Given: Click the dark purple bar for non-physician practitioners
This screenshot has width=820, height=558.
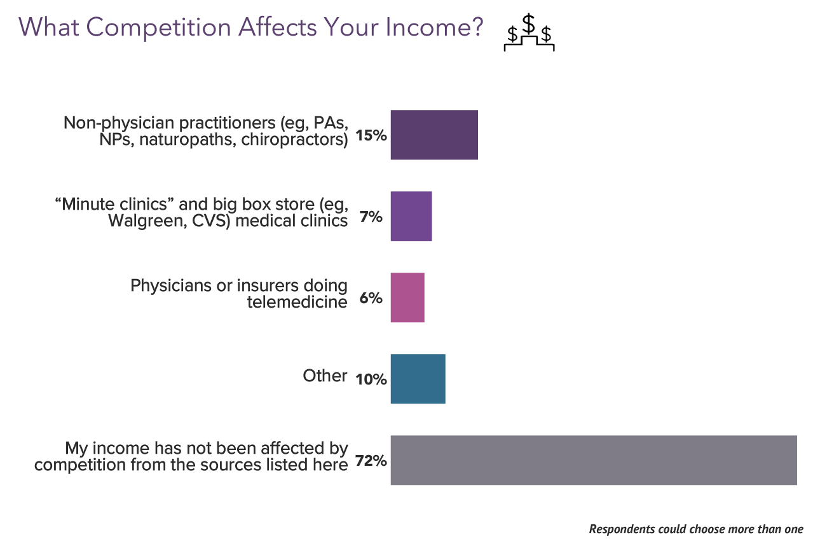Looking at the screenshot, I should pyautogui.click(x=434, y=135).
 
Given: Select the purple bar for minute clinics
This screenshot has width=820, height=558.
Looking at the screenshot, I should pyautogui.click(x=411, y=216).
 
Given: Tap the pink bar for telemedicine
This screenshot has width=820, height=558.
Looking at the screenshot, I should pyautogui.click(x=407, y=297).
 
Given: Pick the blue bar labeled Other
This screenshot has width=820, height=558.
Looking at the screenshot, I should pyautogui.click(x=418, y=379).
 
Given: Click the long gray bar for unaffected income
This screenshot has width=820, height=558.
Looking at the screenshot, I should pyautogui.click(x=594, y=460).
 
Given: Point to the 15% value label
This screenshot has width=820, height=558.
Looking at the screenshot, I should pyautogui.click(x=371, y=135).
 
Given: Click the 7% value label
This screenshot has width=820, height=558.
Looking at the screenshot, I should pyautogui.click(x=371, y=217).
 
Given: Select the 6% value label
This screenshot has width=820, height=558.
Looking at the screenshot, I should pyautogui.click(x=371, y=298).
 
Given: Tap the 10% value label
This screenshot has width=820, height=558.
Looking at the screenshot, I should pyautogui.click(x=371, y=379).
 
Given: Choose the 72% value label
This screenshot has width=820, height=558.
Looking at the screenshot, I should pyautogui.click(x=371, y=461).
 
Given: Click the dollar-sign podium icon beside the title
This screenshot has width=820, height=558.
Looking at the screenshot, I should pyautogui.click(x=529, y=33).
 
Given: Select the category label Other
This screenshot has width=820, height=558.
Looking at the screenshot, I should pyautogui.click(x=325, y=376).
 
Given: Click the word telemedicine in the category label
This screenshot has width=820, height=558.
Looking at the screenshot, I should pyautogui.click(x=297, y=302).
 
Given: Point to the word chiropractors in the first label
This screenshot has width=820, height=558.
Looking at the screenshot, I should pyautogui.click(x=294, y=139).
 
